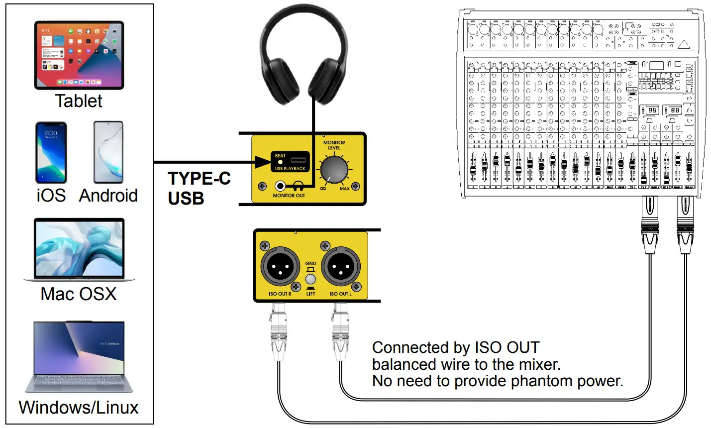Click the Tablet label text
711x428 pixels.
(x=79, y=101)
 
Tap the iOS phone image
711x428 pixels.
(x=51, y=153)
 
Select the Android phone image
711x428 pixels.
(x=108, y=152)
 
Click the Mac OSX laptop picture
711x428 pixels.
(x=79, y=250)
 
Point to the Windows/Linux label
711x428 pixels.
(x=79, y=408)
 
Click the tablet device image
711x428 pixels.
(x=79, y=55)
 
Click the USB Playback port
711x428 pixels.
(x=298, y=160)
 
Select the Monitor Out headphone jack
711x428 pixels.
(x=281, y=186)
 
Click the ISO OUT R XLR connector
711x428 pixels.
(x=280, y=267)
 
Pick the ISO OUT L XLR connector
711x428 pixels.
(x=341, y=267)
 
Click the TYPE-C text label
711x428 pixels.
(x=199, y=178)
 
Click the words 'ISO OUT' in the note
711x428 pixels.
(x=507, y=347)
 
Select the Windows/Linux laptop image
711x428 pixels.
(x=79, y=357)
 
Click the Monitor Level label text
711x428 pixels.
(x=334, y=145)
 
